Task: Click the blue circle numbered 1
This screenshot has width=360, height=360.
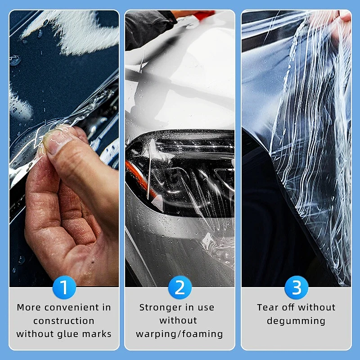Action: point(64,287)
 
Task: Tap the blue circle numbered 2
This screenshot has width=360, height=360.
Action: point(180,287)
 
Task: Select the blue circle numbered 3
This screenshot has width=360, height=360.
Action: point(296,287)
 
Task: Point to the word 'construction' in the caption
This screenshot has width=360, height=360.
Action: point(64,321)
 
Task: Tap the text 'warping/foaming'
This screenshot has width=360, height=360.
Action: point(180,334)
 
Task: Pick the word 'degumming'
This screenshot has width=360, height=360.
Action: point(296,321)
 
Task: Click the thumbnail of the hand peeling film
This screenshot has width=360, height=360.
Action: point(64,148)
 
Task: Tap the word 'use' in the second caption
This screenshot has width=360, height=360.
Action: point(206,308)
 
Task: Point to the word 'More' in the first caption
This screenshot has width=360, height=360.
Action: point(29,308)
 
